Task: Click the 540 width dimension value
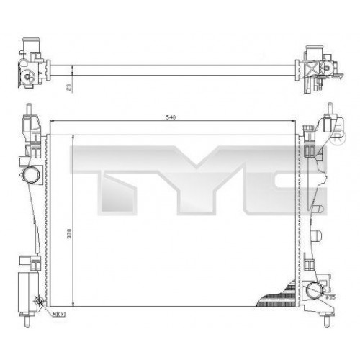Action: click(x=171, y=116)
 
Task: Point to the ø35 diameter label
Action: click(x=330, y=296)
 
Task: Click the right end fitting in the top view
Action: click(x=315, y=68)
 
